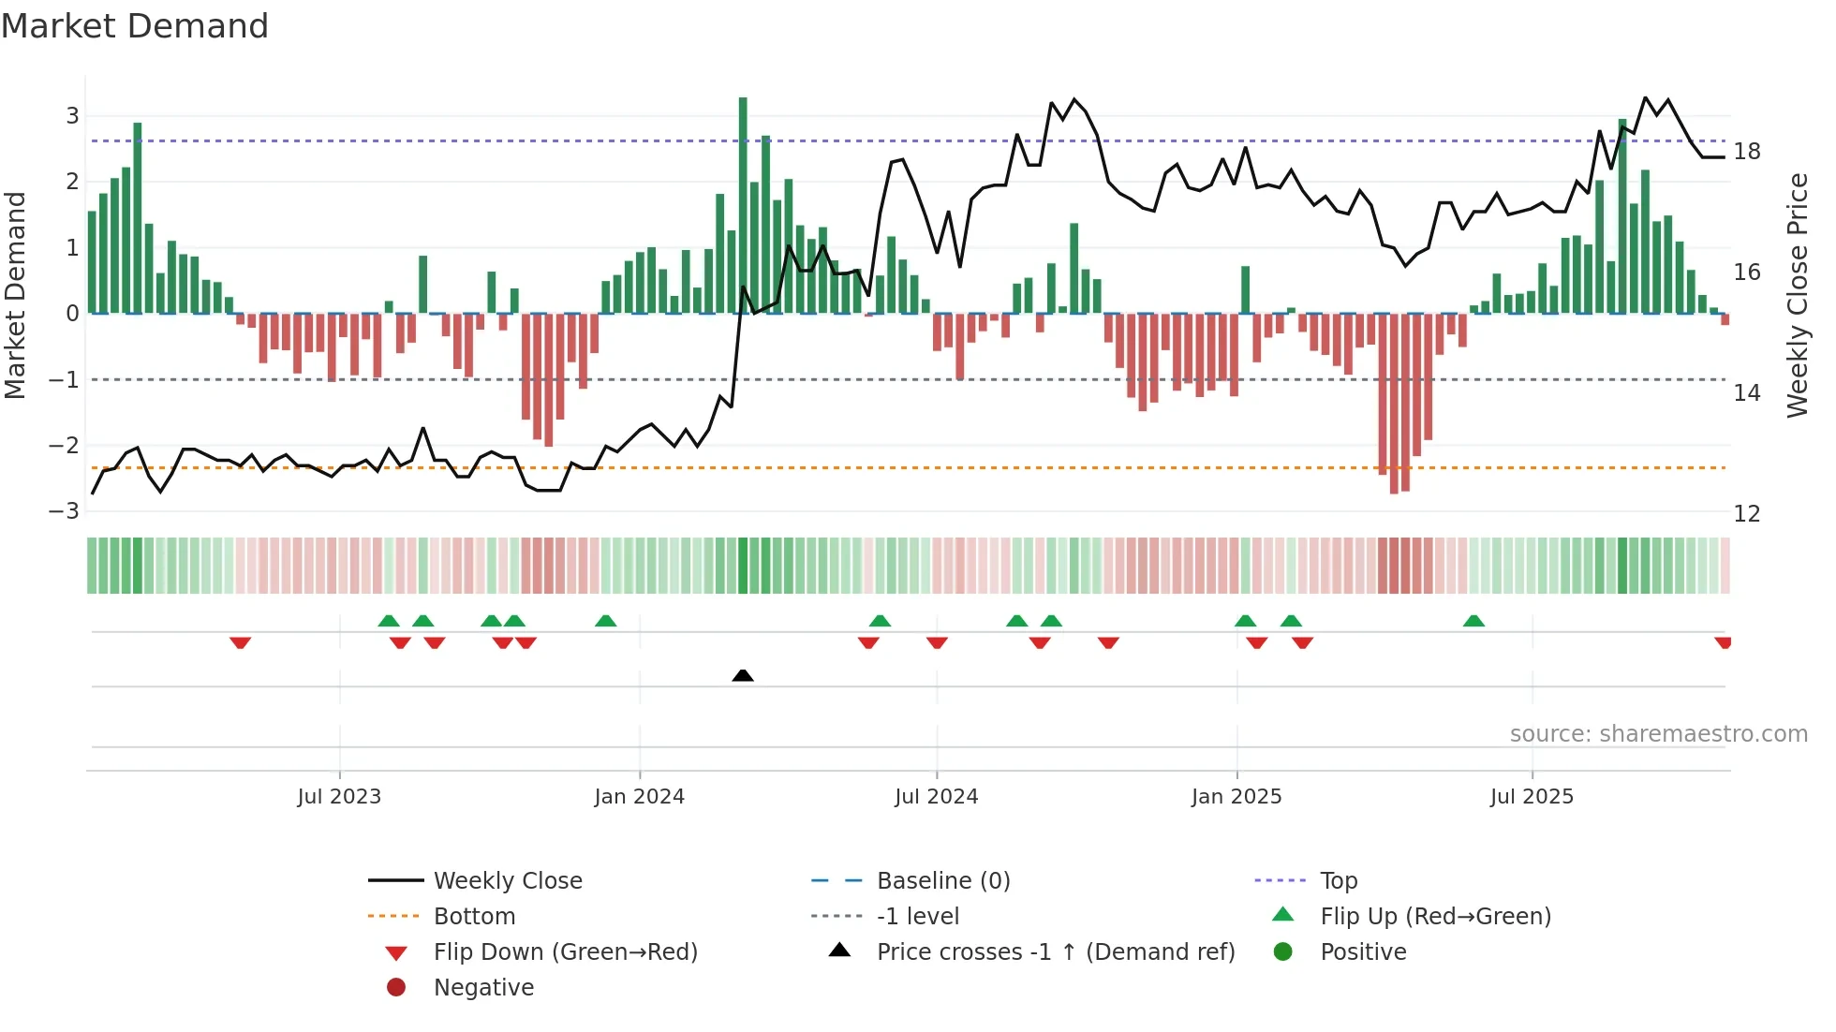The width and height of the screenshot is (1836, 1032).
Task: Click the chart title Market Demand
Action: (x=135, y=26)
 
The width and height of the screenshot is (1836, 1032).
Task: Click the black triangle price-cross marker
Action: (x=743, y=675)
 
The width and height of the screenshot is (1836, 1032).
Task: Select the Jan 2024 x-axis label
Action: (x=639, y=797)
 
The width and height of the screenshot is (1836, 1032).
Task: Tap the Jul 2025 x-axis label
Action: (x=1532, y=797)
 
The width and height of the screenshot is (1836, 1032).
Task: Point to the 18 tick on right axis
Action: (x=1746, y=152)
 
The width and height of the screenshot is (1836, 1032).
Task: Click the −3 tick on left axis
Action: (x=64, y=511)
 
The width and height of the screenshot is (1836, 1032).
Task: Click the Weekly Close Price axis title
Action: (x=1797, y=295)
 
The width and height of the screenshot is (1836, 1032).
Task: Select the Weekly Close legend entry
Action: (x=507, y=881)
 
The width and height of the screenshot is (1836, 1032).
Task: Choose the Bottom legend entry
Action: (x=474, y=917)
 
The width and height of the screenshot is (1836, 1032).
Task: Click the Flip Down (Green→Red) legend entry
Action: (x=565, y=952)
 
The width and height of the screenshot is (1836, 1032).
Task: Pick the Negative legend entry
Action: (x=483, y=988)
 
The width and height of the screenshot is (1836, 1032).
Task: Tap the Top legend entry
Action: (x=1338, y=881)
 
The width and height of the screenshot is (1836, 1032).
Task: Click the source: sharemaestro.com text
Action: (x=1658, y=734)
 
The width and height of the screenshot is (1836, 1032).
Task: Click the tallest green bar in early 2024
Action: (x=743, y=206)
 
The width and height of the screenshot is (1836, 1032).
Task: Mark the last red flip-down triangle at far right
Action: (x=1723, y=642)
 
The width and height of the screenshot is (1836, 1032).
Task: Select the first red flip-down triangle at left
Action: (x=240, y=642)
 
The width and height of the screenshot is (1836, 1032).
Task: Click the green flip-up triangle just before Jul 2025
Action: (x=1473, y=621)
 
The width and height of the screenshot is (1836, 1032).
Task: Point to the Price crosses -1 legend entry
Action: (x=1055, y=952)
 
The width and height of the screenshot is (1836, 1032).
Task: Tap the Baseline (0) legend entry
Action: (x=942, y=881)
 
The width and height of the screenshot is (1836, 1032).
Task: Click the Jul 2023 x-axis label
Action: (x=339, y=797)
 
